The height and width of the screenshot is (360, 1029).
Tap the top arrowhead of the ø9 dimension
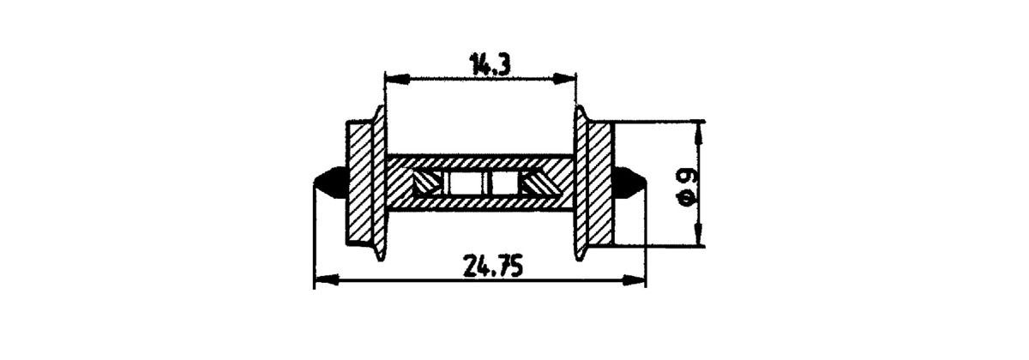coord(701,130)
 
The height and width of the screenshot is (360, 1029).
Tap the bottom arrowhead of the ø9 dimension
coord(701,237)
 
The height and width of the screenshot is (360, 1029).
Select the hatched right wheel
coord(598,183)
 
